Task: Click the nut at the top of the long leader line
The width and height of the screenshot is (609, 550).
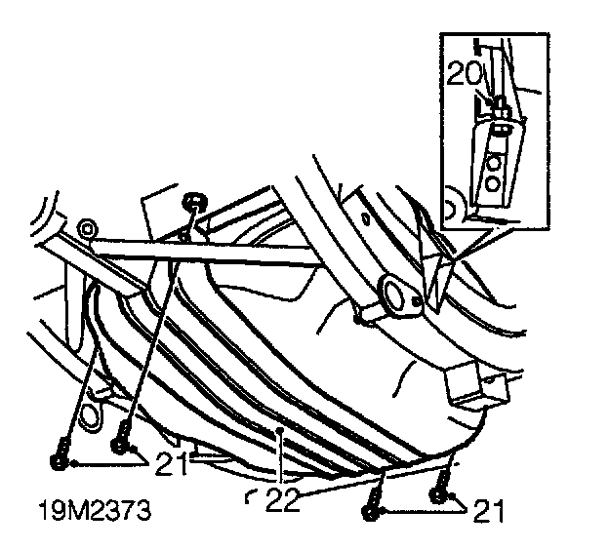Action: (x=194, y=202)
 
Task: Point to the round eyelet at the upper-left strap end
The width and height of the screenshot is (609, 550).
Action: (x=90, y=229)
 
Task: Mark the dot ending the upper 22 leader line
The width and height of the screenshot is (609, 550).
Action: (x=280, y=428)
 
